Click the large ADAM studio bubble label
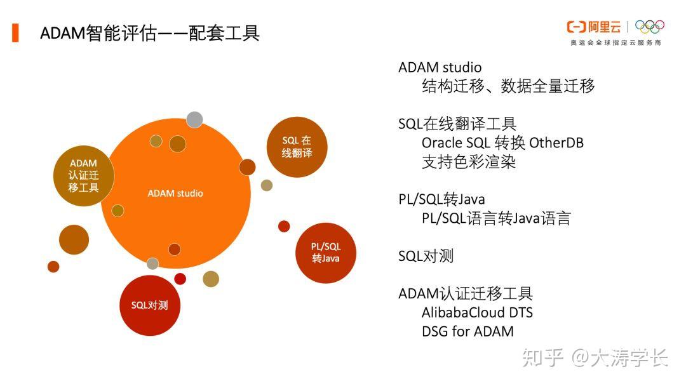175,193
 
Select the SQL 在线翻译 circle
297,147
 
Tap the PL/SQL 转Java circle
325,253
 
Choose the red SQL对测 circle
150,305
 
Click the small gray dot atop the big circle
194,119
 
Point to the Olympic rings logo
649,27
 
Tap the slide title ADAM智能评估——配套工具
150,33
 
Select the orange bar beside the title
15,32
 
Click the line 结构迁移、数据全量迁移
508,86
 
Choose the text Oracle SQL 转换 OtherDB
502,142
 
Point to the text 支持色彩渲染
469,161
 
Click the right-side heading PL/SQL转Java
441,199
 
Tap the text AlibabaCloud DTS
477,312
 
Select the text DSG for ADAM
467,331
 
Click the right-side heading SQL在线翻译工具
457,124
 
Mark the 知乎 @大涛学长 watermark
595,358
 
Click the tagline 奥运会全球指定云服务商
615,43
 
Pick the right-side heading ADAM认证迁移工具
466,293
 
